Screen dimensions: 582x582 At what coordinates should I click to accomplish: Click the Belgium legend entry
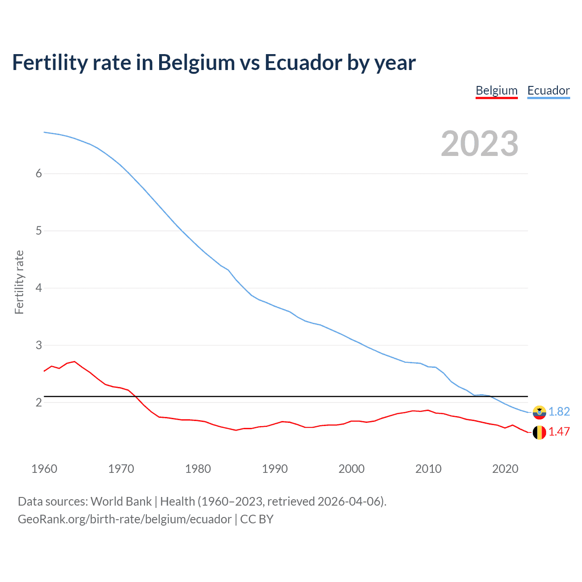pos(497,90)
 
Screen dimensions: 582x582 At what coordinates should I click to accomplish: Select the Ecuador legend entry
pos(548,90)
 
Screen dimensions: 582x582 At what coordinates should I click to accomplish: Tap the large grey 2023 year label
pos(480,144)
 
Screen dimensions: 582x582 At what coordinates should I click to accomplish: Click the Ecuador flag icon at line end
pos(539,412)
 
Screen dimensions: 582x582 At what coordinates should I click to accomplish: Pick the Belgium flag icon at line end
pos(539,432)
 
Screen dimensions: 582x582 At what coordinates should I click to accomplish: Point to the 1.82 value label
pos(559,411)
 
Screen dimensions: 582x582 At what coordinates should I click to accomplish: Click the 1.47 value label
pos(559,432)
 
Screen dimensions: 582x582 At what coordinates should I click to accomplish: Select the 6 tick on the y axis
pos(39,173)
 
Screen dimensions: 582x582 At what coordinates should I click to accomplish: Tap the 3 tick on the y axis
pos(39,345)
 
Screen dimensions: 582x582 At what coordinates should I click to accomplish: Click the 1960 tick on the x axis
pos(44,469)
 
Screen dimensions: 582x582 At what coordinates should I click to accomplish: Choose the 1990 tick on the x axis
pos(275,469)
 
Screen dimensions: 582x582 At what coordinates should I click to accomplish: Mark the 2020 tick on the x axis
pos(505,469)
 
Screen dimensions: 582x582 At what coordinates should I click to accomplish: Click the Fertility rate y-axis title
pos(19,282)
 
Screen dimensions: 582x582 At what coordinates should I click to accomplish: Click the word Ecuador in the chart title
pos(302,63)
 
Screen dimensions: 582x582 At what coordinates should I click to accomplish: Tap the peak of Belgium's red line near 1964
pos(75,361)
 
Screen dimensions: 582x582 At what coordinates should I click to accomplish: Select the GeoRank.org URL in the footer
pos(125,519)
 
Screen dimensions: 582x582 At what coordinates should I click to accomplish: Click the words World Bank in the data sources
pos(121,502)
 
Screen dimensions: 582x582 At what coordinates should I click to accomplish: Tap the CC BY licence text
pos(257,519)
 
